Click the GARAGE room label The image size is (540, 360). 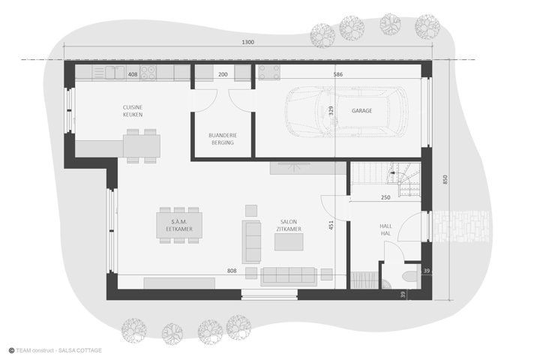click(x=361, y=110)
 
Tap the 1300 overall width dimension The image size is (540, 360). click(x=247, y=42)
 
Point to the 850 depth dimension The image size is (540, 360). click(x=445, y=179)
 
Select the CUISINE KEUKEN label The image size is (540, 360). click(x=133, y=111)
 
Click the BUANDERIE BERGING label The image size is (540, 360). click(x=223, y=139)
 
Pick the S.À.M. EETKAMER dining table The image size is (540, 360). click(x=179, y=225)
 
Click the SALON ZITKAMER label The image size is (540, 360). click(x=289, y=225)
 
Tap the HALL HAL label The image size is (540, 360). click(x=385, y=229)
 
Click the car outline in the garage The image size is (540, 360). click(x=346, y=112)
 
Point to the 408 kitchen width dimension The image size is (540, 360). click(x=133, y=74)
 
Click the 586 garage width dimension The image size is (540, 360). click(x=338, y=74)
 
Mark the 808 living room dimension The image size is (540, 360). click(x=232, y=271)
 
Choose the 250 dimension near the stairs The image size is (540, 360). click(x=385, y=197)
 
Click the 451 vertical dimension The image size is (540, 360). click(x=331, y=225)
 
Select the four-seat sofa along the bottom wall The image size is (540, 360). click(x=289, y=276)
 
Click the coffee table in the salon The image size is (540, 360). click(x=289, y=241)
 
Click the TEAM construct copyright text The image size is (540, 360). click(x=55, y=350)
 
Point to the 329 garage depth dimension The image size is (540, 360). click(x=331, y=110)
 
